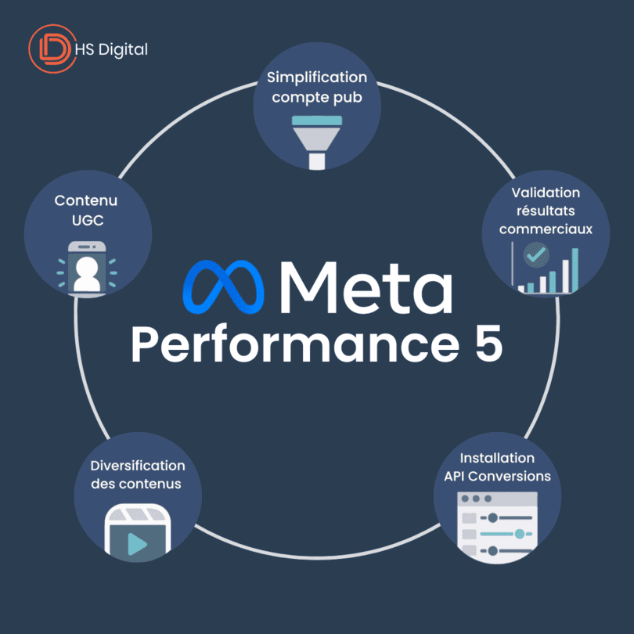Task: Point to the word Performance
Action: tap(280, 345)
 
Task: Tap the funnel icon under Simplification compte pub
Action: tap(317, 140)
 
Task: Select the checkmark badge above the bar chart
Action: tap(536, 254)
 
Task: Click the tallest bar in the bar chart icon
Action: tap(575, 270)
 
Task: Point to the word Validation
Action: tap(546, 193)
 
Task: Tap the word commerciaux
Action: tap(546, 230)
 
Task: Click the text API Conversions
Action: tap(497, 476)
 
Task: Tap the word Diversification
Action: tap(137, 466)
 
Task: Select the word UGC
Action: tap(86, 220)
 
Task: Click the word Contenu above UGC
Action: tap(86, 201)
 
